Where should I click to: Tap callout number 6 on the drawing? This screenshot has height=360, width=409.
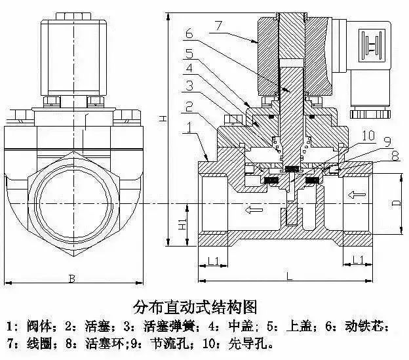coord(188,33)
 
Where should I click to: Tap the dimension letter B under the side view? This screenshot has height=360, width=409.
coord(72,279)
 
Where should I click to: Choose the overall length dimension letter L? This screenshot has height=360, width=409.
coord(289,277)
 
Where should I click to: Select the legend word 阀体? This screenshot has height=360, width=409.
coord(37,326)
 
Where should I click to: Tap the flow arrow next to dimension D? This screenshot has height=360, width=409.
coord(358,195)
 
